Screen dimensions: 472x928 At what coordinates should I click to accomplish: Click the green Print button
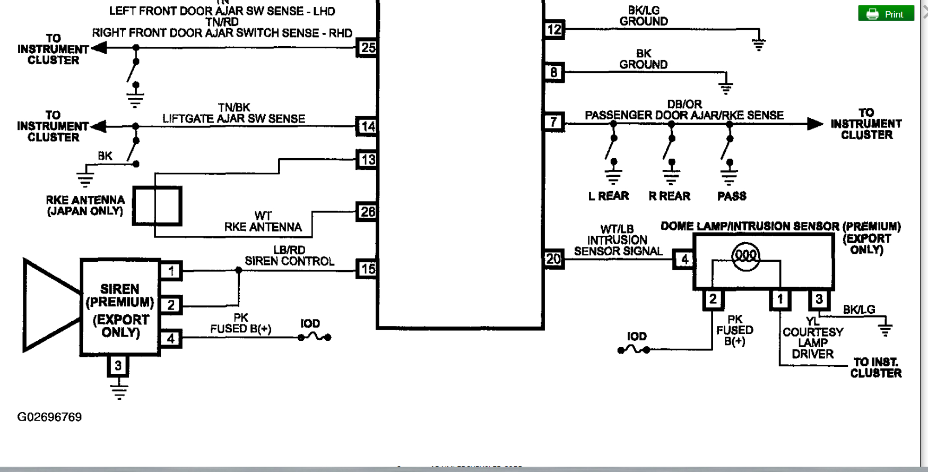(886, 14)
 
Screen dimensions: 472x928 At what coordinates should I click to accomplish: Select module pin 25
(368, 48)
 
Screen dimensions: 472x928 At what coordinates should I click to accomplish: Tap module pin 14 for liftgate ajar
(368, 126)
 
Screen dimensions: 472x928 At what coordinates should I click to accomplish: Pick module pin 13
(368, 159)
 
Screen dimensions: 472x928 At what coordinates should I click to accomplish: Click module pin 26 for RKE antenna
(368, 212)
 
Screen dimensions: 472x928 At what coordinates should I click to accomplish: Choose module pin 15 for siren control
(368, 269)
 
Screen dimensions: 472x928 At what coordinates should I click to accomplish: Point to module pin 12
(554, 30)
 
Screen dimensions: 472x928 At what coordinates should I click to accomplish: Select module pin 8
(554, 72)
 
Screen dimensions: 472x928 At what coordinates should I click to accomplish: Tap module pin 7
(554, 122)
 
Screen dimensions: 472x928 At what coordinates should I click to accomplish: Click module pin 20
(553, 259)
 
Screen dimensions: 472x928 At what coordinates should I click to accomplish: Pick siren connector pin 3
(118, 365)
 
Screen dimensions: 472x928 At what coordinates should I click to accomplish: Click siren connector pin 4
(171, 338)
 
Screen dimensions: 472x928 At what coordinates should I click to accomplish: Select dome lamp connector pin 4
(684, 259)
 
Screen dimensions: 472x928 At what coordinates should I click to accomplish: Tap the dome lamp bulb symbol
(745, 256)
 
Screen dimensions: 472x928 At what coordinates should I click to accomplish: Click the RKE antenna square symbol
(157, 205)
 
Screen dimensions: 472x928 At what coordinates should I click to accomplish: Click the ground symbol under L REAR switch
(613, 174)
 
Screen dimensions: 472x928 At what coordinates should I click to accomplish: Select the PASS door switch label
(732, 196)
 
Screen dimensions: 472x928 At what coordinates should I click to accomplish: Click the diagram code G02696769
(49, 417)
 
